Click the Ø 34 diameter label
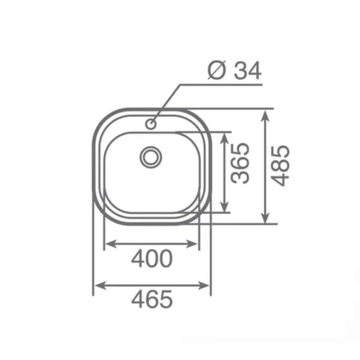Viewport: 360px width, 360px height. [235, 71]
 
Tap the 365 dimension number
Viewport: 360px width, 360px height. [240, 163]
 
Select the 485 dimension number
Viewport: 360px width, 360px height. [281, 166]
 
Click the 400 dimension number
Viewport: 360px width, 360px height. [152, 259]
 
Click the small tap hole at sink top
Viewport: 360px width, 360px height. [151, 124]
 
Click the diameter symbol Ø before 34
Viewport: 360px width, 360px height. [215, 71]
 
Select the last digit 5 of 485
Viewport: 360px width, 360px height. [281, 153]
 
